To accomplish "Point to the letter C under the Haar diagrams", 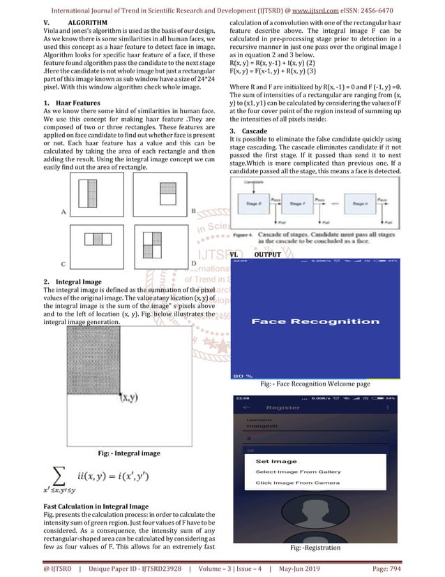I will (x=44, y=264).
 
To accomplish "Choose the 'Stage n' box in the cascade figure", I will (x=375, y=203).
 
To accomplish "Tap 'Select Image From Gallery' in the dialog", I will (x=298, y=472).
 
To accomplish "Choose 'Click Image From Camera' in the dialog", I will (x=297, y=483).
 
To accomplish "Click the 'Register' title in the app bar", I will (x=282, y=407).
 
